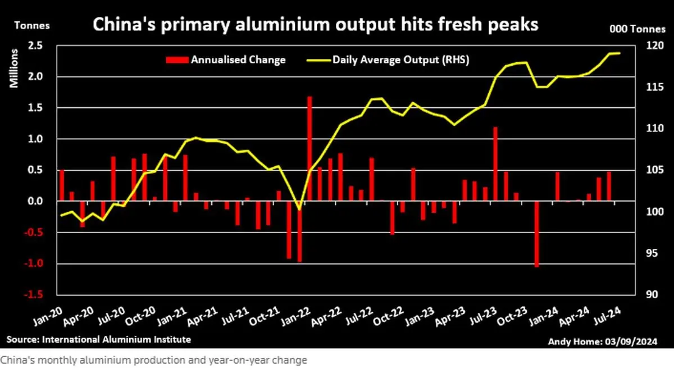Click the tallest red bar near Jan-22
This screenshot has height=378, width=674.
click(x=309, y=148)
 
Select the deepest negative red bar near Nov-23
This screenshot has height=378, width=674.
click(x=536, y=234)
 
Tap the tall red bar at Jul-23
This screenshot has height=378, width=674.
click(x=495, y=163)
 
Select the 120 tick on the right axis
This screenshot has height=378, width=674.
click(x=642, y=46)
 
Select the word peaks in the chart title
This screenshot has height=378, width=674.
click(x=511, y=25)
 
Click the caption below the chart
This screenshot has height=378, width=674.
click(x=153, y=361)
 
